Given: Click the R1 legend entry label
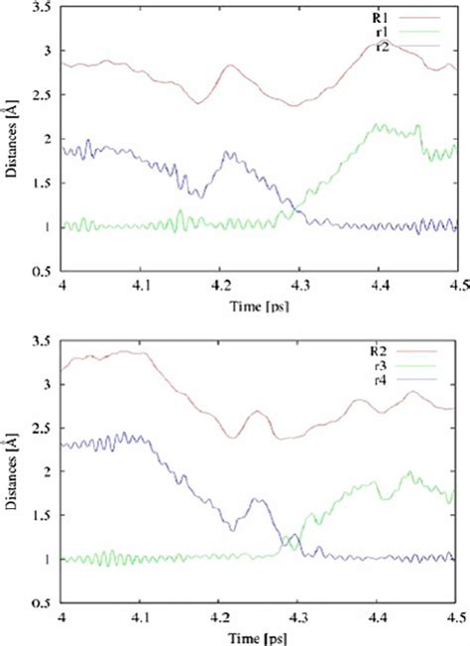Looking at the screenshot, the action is (x=378, y=18).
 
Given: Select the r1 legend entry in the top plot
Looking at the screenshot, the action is (x=382, y=32).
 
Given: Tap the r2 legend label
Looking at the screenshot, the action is (x=383, y=47).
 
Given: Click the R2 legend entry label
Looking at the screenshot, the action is (x=378, y=351).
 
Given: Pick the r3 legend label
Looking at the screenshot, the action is (x=381, y=366).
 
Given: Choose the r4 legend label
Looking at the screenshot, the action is (x=381, y=380).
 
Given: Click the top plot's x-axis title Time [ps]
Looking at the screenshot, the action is (x=259, y=307).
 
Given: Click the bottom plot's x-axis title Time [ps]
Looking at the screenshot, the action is (x=258, y=639).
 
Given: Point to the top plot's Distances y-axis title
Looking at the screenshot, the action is (x=11, y=142).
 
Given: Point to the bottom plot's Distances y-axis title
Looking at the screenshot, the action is (x=11, y=473).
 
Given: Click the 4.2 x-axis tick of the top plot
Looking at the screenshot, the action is (x=220, y=286).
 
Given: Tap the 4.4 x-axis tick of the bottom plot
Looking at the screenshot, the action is (x=378, y=617).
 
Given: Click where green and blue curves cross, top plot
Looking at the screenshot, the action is (x=294, y=208).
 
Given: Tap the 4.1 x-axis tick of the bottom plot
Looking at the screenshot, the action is (x=141, y=617).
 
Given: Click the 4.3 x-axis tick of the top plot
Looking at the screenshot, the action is (x=300, y=286).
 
